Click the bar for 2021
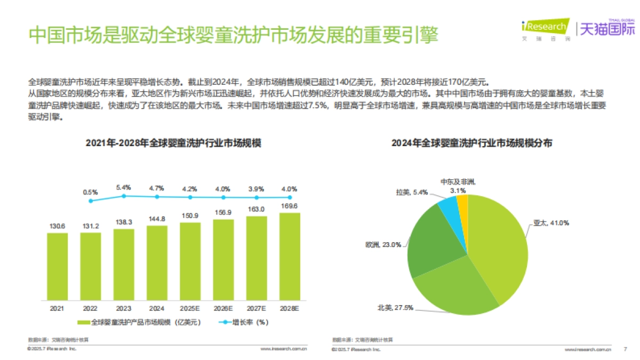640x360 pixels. [x=57, y=267]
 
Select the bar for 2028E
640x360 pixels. [x=289, y=257]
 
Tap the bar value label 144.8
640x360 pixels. [x=157, y=219]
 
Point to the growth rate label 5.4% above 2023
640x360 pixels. [x=124, y=188]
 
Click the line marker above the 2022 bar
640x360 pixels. [x=91, y=201]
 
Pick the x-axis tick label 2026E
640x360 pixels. [x=223, y=308]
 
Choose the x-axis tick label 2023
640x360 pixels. [x=124, y=308]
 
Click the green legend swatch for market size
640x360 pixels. [x=84, y=322]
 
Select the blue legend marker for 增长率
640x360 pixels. [x=226, y=322]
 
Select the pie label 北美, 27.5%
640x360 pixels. [x=395, y=308]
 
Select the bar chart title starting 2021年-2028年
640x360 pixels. [x=173, y=143]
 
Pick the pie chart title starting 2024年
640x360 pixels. [x=471, y=143]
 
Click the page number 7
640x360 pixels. [x=625, y=349]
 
